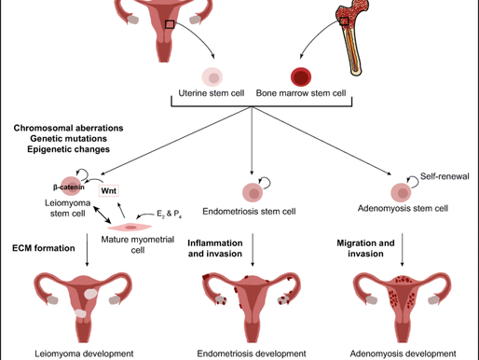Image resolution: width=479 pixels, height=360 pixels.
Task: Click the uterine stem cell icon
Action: (x=213, y=77)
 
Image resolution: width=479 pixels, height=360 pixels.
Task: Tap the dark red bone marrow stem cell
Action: (x=301, y=76)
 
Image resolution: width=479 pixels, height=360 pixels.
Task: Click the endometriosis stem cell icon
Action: (x=252, y=193)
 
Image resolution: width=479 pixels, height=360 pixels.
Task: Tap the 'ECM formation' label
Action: (x=43, y=249)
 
